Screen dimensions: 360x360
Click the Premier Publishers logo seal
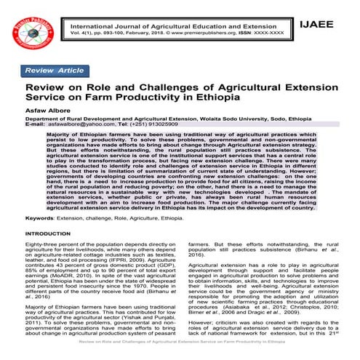33,32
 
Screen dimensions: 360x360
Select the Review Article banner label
55,70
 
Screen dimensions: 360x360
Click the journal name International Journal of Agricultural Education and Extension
175,26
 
